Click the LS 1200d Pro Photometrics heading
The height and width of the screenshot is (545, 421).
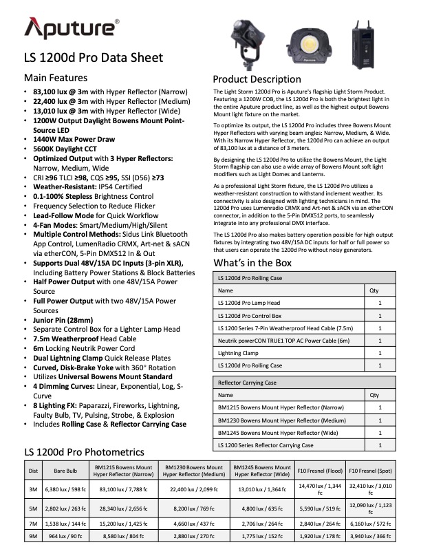[x=83, y=451]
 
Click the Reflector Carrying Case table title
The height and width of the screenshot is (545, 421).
[x=247, y=383]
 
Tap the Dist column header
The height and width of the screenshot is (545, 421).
[x=33, y=471]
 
